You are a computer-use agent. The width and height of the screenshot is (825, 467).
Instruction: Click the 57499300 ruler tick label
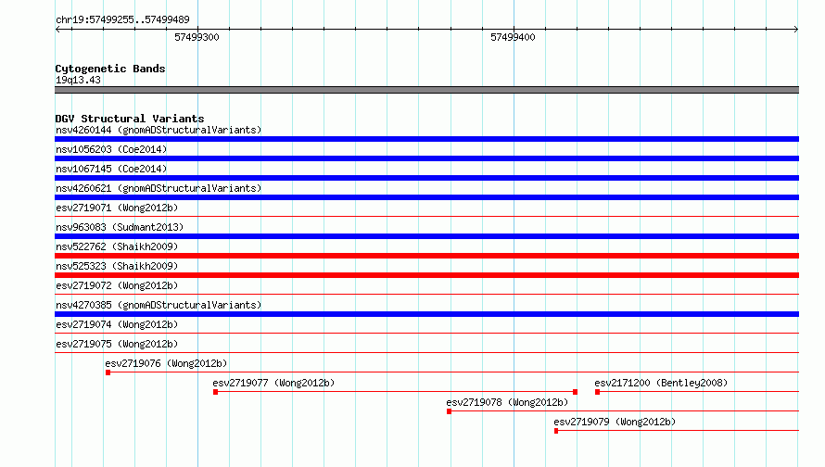[x=197, y=37]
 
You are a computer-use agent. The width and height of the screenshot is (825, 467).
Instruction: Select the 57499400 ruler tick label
[x=513, y=37]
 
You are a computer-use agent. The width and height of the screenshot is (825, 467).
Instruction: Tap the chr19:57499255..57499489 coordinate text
[x=122, y=19]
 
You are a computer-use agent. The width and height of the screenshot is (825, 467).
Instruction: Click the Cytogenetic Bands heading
[x=110, y=69]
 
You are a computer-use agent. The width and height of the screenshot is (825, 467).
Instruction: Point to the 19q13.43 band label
[x=78, y=80]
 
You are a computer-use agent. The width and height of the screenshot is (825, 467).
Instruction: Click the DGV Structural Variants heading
[x=130, y=119]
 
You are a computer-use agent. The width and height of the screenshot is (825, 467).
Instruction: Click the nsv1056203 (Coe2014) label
[x=111, y=149]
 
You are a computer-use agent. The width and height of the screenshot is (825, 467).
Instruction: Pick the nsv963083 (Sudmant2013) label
[x=120, y=227]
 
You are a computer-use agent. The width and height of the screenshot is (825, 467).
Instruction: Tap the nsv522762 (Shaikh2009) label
[x=117, y=246]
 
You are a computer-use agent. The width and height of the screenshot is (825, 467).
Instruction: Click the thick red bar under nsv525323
[x=426, y=275]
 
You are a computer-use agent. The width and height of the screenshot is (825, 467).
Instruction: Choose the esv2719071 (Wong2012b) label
[x=117, y=208]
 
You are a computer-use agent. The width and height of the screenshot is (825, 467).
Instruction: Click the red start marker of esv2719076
[x=108, y=372]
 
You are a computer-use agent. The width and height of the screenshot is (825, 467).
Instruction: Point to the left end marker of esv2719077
[x=216, y=392]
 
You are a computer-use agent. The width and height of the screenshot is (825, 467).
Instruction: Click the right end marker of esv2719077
[x=575, y=392]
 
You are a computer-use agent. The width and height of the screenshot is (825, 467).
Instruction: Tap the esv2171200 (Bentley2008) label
[x=661, y=383]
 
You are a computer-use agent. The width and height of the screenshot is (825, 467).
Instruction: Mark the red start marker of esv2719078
[x=449, y=411]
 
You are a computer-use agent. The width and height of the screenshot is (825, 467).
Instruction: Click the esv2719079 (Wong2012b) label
[x=615, y=422]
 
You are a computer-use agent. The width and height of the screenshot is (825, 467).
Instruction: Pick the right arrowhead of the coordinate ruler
[x=796, y=30]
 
